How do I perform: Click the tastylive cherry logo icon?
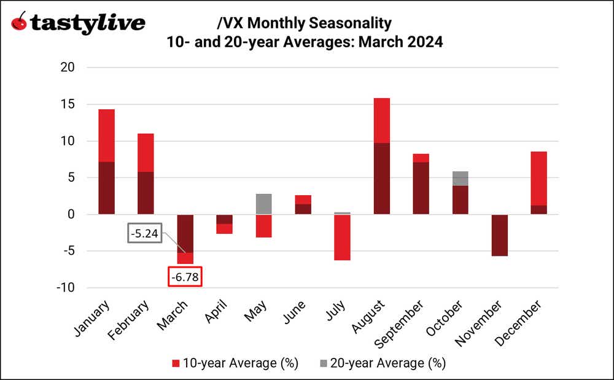click(20, 23)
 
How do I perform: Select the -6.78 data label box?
click(185, 276)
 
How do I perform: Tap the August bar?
click(381, 156)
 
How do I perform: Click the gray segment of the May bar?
click(264, 204)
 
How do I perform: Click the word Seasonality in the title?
click(349, 24)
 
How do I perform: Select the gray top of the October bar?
click(460, 178)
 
